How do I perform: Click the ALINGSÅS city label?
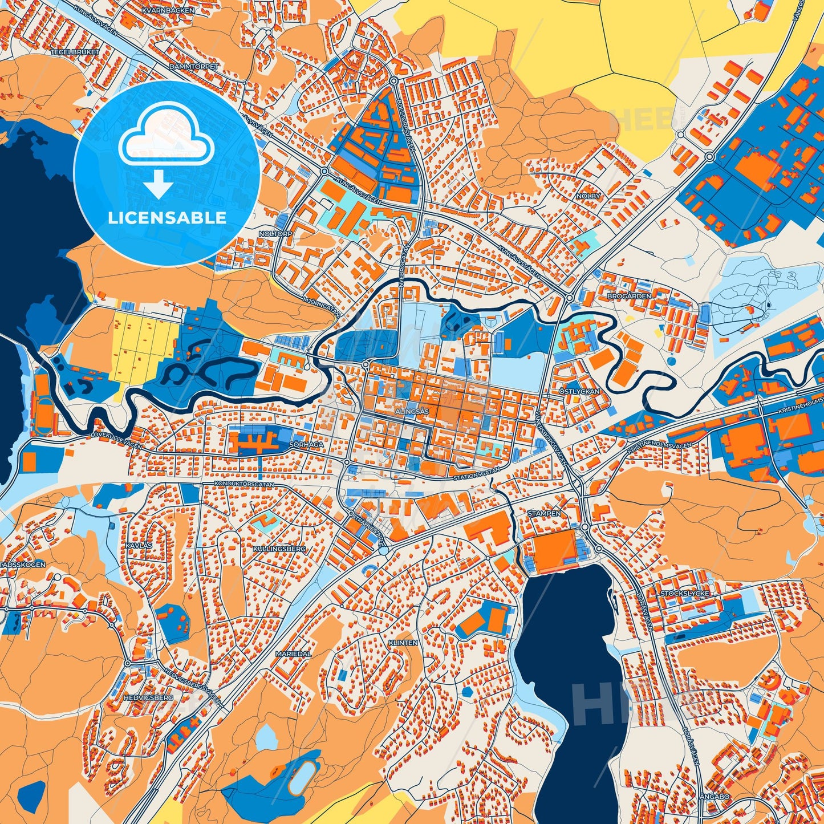pyautogui.click(x=412, y=410)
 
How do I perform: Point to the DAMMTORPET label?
pyautogui.click(x=194, y=67)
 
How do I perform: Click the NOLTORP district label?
pyautogui.click(x=275, y=234)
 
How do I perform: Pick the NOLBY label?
pyautogui.click(x=588, y=196)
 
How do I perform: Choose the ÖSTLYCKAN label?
pyautogui.click(x=579, y=392)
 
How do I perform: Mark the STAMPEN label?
pyautogui.click(x=544, y=513)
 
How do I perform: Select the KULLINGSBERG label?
pyautogui.click(x=279, y=549)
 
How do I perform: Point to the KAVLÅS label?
pyautogui.click(x=139, y=545)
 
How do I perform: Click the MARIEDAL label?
pyautogui.click(x=293, y=654)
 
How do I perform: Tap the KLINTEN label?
pyautogui.click(x=403, y=643)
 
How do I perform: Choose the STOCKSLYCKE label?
pyautogui.click(x=685, y=594)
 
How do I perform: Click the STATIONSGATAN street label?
pyautogui.click(x=477, y=473)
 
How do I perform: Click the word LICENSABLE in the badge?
pyautogui.click(x=167, y=218)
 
